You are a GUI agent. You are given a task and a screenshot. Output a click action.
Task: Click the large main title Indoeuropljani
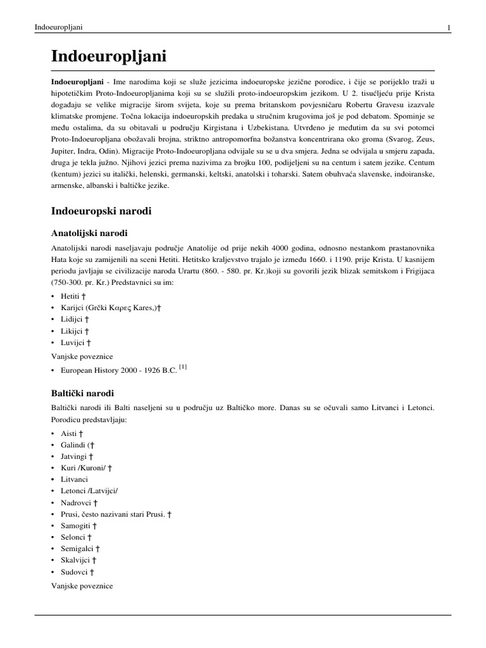109,56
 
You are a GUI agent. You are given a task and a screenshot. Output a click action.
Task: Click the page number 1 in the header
448,27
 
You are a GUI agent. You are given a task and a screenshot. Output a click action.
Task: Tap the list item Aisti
70,433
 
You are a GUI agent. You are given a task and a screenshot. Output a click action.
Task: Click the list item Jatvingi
75,456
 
